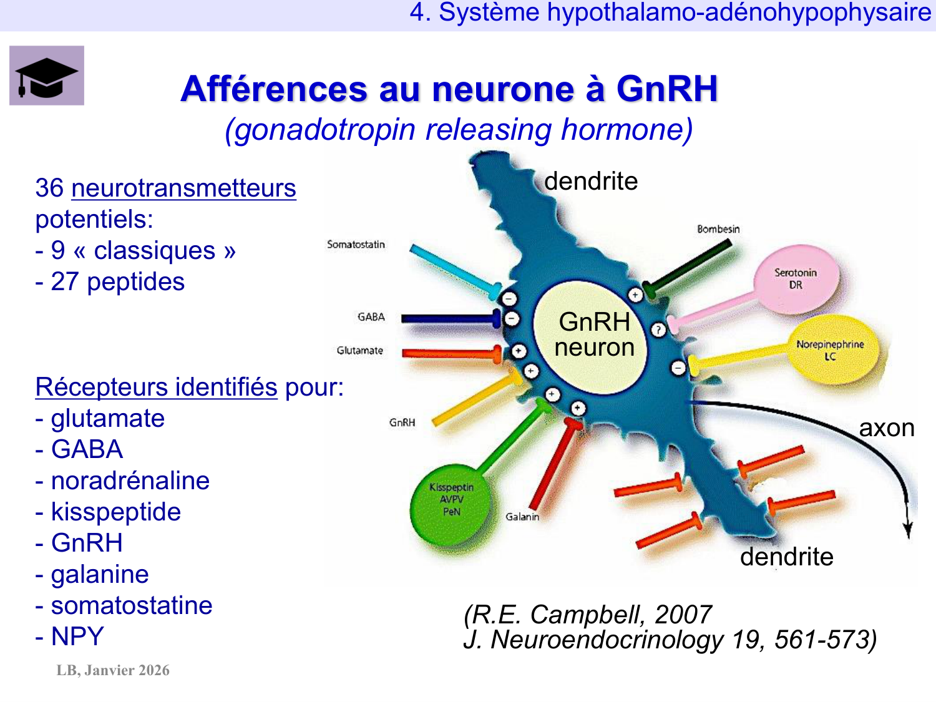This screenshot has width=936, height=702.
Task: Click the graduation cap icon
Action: [x=47, y=76]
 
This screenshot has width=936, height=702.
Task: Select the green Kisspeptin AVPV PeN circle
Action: [x=451, y=504]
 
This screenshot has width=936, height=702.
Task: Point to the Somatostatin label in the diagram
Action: [x=356, y=245]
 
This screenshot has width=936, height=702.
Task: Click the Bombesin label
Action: [x=718, y=229]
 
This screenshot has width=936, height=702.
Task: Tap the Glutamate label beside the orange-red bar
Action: [x=360, y=351]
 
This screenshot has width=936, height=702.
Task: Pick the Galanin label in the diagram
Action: [x=522, y=517]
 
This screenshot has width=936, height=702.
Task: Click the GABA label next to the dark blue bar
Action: [x=371, y=317]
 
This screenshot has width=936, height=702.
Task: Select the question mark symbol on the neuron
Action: [x=658, y=329]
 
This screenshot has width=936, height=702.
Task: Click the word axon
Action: [x=887, y=428]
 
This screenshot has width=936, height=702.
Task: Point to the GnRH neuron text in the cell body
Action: [x=594, y=334]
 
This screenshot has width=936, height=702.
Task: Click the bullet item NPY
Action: [x=77, y=636]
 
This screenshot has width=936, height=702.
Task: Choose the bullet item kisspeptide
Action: [x=116, y=512]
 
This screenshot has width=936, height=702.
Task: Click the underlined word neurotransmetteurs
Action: [x=183, y=188]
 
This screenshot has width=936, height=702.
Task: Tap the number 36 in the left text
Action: [x=49, y=188]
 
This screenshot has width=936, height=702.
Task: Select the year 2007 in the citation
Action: [x=683, y=615]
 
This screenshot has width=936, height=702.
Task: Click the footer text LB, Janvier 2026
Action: [x=113, y=670]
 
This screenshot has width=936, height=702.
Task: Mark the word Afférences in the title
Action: [x=275, y=89]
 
